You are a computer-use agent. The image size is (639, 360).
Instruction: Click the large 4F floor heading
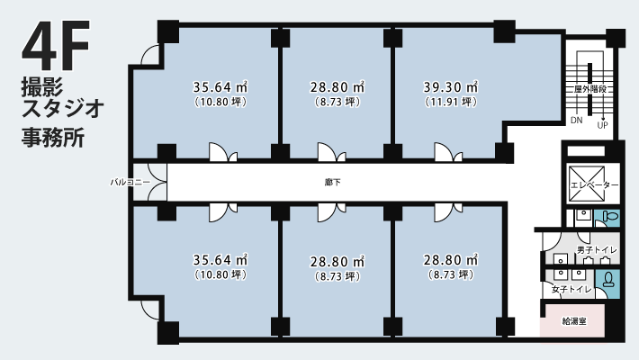pyautogui.click(x=56, y=45)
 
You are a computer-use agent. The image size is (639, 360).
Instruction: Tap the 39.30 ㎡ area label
pyautogui.click(x=450, y=86)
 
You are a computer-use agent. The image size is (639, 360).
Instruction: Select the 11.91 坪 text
pyautogui.click(x=451, y=102)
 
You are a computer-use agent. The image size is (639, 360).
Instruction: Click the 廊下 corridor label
pyautogui.click(x=332, y=182)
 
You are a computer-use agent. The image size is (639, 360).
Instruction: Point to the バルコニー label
pyautogui.click(x=130, y=182)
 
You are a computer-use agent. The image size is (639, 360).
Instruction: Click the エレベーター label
pyautogui.click(x=594, y=185)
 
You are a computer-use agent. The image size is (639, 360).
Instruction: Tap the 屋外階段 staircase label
pyautogui.click(x=590, y=89)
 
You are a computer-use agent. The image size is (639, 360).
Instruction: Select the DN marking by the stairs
pyautogui.click(x=576, y=121)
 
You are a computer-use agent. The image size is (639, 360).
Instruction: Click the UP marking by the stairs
pyautogui.click(x=602, y=125)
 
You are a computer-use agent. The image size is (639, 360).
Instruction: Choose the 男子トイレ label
pyautogui.click(x=596, y=250)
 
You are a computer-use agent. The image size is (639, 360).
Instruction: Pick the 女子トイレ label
pyautogui.click(x=571, y=290)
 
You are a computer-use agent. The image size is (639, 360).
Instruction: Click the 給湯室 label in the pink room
pyautogui.click(x=574, y=321)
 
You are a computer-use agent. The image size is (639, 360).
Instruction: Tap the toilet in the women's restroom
pyautogui.click(x=608, y=280)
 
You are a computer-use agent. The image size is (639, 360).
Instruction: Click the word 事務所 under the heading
pyautogui.click(x=53, y=138)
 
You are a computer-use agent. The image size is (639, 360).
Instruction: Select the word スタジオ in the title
pyautogui.click(x=63, y=108)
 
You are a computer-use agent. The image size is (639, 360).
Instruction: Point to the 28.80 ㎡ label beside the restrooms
pyautogui.click(x=450, y=260)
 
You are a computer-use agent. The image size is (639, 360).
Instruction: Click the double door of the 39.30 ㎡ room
pyautogui.click(x=448, y=152)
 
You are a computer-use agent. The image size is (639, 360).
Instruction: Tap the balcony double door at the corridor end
pyautogui.click(x=157, y=182)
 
